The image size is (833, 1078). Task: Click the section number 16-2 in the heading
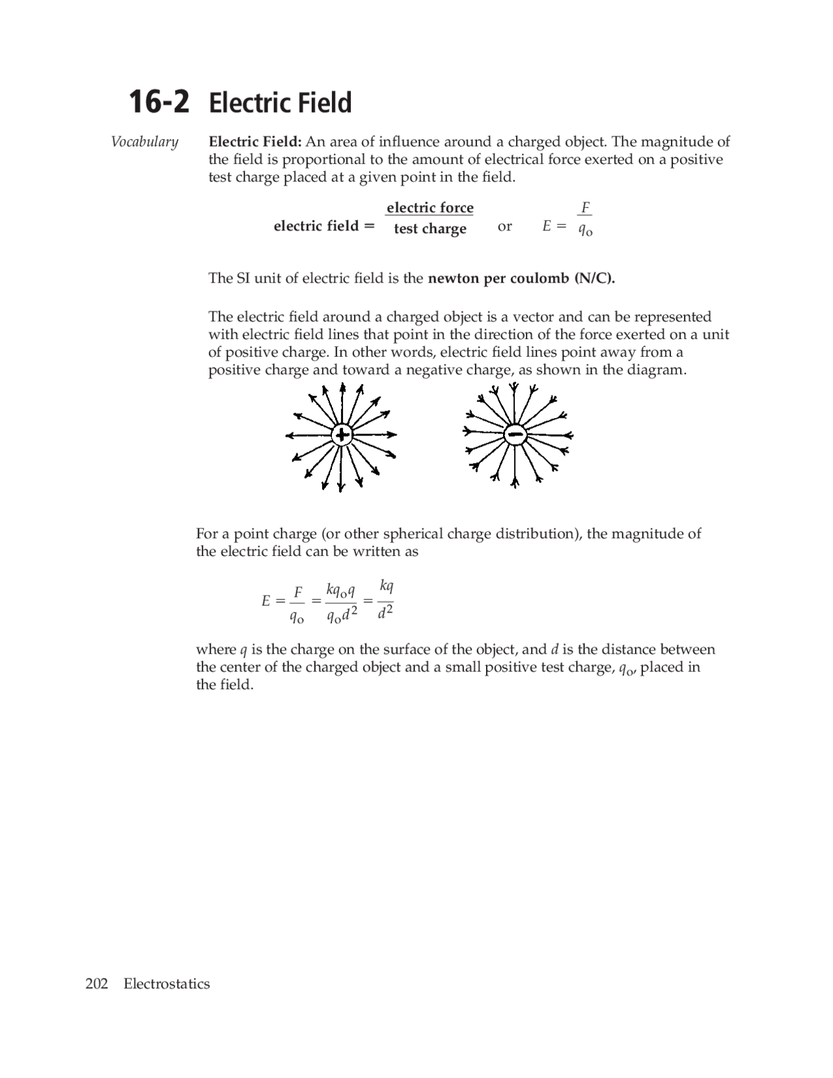tap(159, 103)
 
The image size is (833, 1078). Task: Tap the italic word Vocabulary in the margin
tap(144, 142)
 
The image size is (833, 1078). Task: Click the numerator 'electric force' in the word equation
tap(430, 208)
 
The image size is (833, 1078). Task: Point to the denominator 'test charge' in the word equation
tap(430, 228)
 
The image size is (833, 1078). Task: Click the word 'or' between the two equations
tap(504, 226)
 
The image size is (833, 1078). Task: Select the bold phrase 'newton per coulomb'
tap(498, 278)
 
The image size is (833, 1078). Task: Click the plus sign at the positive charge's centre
tap(342, 435)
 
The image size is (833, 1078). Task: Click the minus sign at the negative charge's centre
tap(515, 434)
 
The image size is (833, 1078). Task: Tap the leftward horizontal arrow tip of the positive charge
tap(288, 435)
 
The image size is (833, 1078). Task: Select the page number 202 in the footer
tap(96, 984)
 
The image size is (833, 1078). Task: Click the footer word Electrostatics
tap(167, 984)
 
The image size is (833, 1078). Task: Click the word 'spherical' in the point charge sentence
tap(414, 534)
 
